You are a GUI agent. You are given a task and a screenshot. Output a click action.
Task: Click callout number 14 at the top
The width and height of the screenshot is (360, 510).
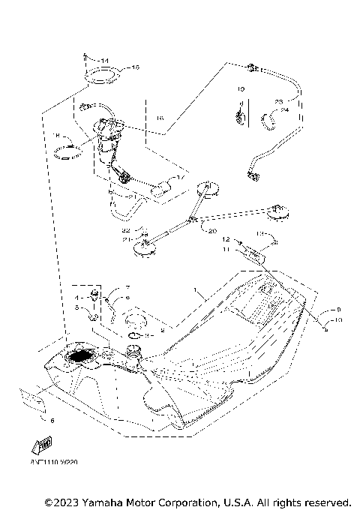pyautogui.click(x=104, y=60)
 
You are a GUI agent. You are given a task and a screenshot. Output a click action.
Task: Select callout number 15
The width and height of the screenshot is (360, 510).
pyautogui.click(x=135, y=67)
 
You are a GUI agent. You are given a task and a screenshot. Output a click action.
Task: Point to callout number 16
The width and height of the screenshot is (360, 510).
pyautogui.click(x=159, y=118)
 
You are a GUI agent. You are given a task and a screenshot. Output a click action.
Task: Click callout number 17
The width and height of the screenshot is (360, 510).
pyautogui.click(x=179, y=178)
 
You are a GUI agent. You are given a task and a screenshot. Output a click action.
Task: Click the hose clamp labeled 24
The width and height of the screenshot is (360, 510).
pyautogui.click(x=272, y=118)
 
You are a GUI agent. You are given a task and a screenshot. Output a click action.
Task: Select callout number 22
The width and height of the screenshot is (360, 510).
pyautogui.click(x=127, y=229)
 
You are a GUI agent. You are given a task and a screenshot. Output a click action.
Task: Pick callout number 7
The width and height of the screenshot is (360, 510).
pyautogui.click(x=127, y=288)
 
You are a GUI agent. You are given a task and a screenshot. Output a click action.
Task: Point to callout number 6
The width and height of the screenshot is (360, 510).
pyautogui.click(x=52, y=421)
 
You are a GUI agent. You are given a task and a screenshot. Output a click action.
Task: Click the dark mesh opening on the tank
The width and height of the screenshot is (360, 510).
pyautogui.click(x=81, y=358)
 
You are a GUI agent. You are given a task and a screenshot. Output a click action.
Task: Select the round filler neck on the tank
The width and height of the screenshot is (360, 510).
pyautogui.click(x=136, y=352)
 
